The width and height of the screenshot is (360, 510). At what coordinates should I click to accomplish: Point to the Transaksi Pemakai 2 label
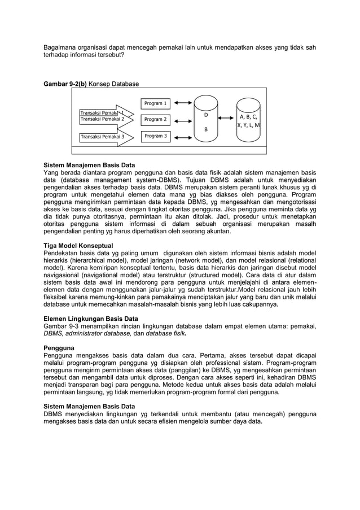click(x=102, y=120)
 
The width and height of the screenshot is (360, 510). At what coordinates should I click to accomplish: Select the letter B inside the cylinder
click(x=205, y=129)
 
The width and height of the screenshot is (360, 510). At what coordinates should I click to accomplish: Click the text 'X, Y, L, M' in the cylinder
click(x=249, y=125)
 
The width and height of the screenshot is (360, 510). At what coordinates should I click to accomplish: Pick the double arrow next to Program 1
click(x=183, y=103)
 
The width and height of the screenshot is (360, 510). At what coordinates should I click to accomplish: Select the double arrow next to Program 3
click(x=183, y=136)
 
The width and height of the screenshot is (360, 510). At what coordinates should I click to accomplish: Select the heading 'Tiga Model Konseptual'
click(x=78, y=246)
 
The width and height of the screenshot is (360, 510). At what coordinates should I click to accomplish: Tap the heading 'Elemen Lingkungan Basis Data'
click(x=91, y=319)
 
